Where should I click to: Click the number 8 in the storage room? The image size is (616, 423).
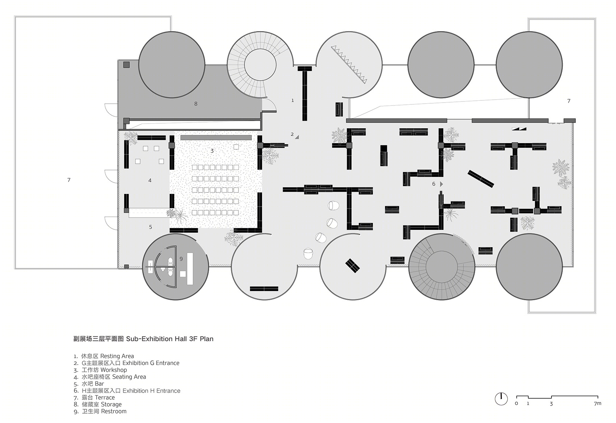pyautogui.click(x=196, y=104)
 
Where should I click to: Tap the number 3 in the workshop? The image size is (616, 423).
pyautogui.click(x=212, y=151)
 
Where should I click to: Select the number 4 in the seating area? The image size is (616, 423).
pyautogui.click(x=150, y=181)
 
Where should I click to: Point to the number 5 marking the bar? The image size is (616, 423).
pyautogui.click(x=150, y=227)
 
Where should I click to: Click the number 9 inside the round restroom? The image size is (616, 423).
pyautogui.click(x=181, y=258)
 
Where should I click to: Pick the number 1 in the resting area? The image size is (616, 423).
pyautogui.click(x=293, y=101)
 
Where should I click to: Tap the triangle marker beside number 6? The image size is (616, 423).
pyautogui.click(x=441, y=184)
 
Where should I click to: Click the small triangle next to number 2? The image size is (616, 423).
pyautogui.click(x=297, y=137)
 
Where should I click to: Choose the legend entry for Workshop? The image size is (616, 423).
pyautogui.click(x=100, y=370)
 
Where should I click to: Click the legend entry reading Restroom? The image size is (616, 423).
pyautogui.click(x=100, y=411)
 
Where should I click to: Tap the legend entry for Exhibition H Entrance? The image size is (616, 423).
pyautogui.click(x=127, y=390)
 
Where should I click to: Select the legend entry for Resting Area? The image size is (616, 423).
pyautogui.click(x=104, y=356)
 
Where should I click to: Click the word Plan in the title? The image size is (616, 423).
pyautogui.click(x=207, y=339)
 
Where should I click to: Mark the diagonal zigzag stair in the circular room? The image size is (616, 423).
pyautogui.click(x=349, y=65)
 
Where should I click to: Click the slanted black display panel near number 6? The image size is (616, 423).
pyautogui.click(x=481, y=178)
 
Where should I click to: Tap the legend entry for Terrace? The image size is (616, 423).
pyautogui.click(x=94, y=397)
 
